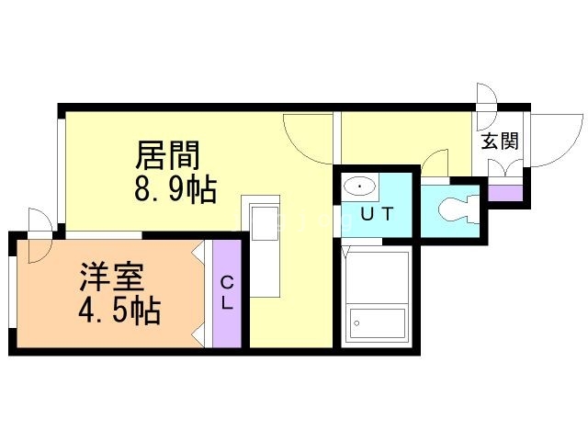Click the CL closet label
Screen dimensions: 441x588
click(226, 292)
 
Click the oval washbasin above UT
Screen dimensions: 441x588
click(359, 187)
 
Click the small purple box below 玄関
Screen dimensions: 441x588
click(503, 193)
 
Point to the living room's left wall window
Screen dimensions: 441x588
click(62, 170)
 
